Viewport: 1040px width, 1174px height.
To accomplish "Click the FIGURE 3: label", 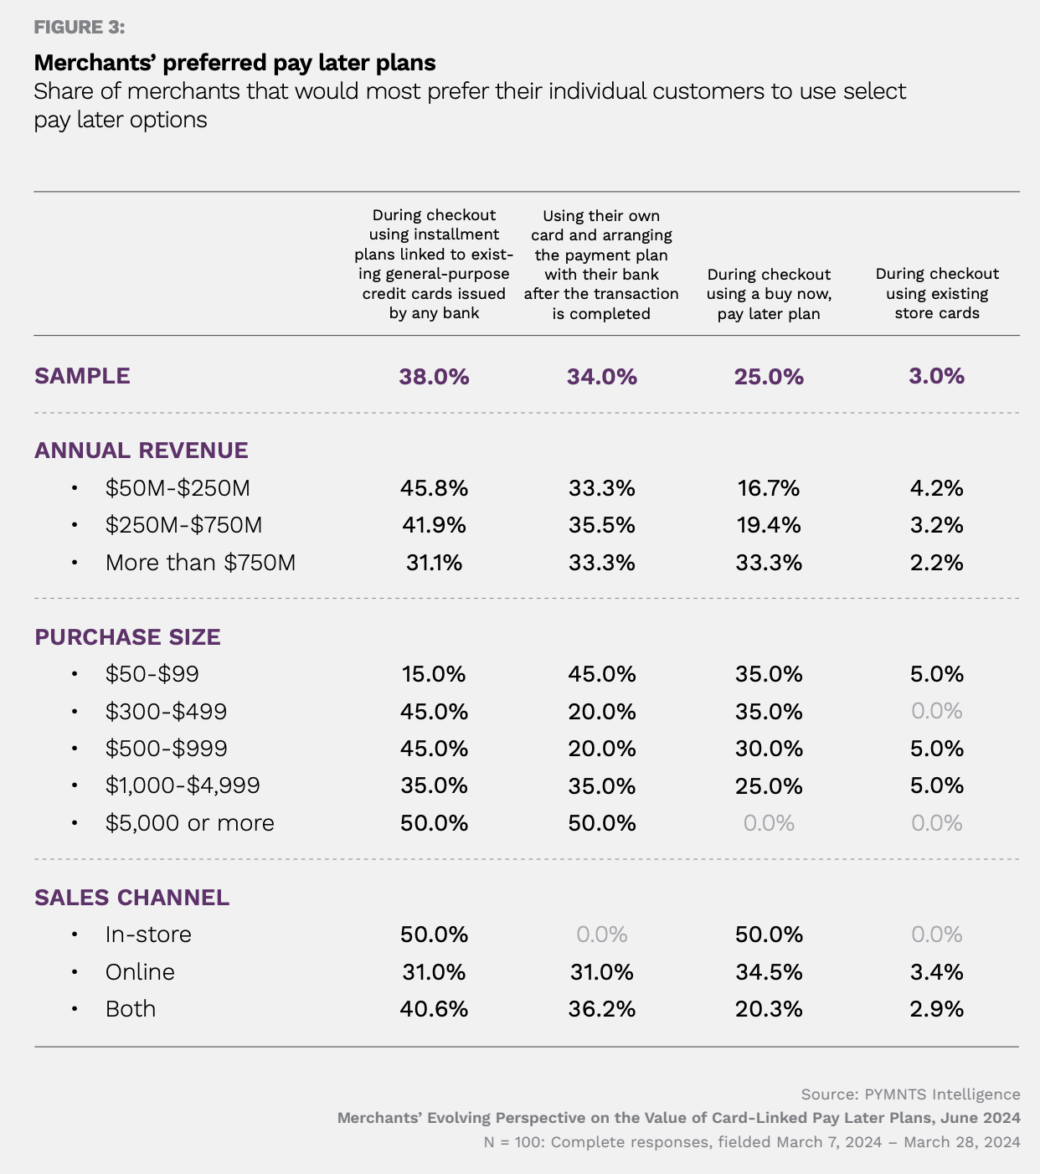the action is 80,28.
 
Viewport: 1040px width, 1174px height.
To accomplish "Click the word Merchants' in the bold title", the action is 95,63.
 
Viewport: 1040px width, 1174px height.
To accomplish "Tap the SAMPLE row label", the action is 82,376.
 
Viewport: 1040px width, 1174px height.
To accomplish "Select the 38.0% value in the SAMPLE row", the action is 434,377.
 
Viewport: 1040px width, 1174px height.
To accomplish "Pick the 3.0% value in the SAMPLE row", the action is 937,376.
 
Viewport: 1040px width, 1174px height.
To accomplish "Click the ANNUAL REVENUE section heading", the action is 142,451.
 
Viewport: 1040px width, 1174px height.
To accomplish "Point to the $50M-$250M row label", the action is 178,488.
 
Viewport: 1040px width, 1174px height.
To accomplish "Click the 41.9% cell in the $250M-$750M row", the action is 434,525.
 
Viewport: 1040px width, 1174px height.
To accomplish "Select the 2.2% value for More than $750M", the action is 937,563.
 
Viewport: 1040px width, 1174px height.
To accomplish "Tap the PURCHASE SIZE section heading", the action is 127,637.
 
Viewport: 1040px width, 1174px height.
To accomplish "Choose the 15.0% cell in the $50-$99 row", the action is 434,674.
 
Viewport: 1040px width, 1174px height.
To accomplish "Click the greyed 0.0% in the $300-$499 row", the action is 937,711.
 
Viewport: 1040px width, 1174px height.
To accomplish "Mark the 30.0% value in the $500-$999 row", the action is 769,749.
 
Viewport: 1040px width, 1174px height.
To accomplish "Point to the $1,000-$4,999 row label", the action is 183,785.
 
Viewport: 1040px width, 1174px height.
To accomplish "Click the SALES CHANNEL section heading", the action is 132,898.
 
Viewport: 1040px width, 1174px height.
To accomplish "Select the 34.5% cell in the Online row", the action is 769,971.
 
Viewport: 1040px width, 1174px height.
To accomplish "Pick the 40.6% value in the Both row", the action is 434,1009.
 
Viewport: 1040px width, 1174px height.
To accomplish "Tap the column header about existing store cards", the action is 937,293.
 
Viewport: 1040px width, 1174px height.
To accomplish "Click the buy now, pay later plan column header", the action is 769,294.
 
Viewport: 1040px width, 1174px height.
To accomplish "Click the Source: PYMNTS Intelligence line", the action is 910,1094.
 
